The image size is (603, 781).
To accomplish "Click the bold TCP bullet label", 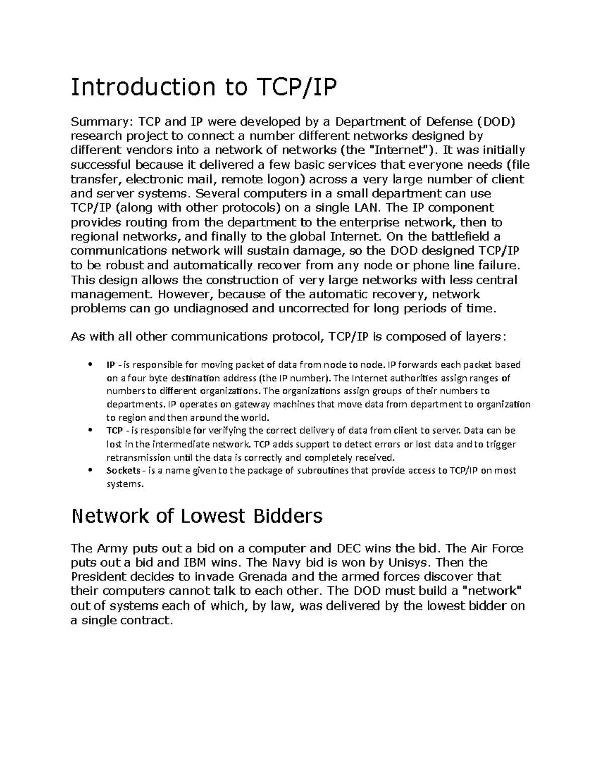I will tap(114, 431).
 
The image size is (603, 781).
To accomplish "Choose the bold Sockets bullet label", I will tap(123, 471).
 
